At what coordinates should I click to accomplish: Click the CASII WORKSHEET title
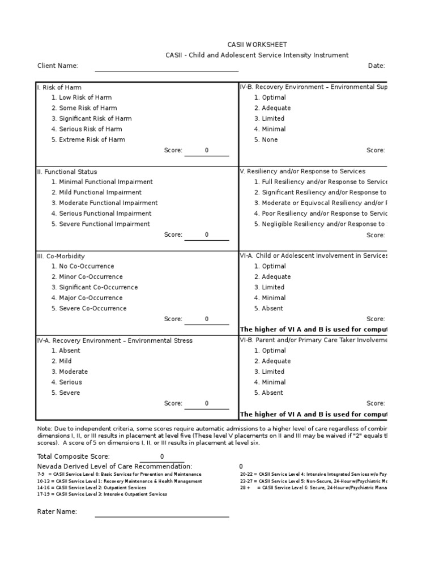[249, 44]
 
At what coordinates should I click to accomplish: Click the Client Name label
[58, 66]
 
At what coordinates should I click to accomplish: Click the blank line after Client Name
[167, 68]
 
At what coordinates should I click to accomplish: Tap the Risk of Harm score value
[207, 151]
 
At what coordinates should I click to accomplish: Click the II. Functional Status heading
[67, 172]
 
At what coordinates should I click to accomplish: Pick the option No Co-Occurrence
[86, 266]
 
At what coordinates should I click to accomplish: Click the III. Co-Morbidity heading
[61, 256]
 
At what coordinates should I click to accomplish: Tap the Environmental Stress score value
[207, 404]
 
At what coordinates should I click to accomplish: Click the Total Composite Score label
[74, 457]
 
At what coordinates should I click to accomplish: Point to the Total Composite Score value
[162, 457]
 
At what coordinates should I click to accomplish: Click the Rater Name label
[57, 512]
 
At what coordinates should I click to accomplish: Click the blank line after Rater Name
[162, 514]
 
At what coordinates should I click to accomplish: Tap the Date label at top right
[377, 66]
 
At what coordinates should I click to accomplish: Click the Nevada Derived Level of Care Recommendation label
[110, 466]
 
